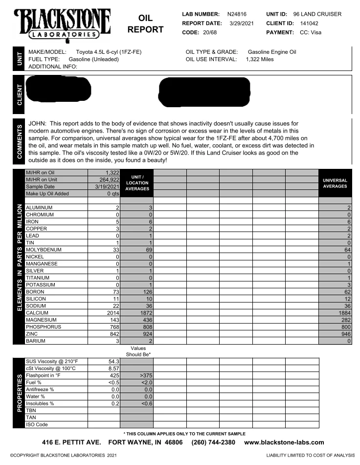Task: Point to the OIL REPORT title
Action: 145,23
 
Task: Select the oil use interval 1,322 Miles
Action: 260,59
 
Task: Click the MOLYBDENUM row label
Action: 44,250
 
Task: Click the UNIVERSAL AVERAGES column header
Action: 335,183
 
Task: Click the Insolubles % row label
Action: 40,404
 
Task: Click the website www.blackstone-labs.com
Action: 284,442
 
